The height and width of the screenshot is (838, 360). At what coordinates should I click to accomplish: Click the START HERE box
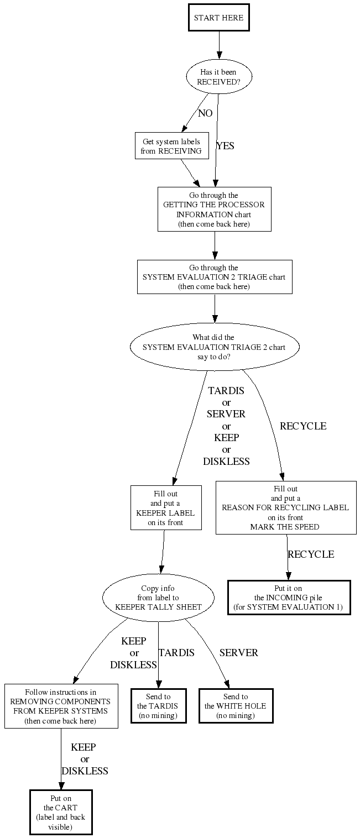218,18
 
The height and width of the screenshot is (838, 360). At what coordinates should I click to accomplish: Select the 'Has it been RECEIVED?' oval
218,76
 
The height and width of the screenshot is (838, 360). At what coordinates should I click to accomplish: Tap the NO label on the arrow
205,113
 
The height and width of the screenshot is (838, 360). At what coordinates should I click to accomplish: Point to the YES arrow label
225,146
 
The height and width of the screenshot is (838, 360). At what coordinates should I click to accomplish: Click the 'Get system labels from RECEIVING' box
171,146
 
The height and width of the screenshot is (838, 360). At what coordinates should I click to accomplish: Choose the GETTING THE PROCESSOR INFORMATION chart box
214,209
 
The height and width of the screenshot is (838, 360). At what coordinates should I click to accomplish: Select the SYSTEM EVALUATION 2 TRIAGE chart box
214,276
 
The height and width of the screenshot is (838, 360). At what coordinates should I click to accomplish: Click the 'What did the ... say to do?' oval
214,347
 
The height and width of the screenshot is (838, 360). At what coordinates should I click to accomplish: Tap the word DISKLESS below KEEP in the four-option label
226,461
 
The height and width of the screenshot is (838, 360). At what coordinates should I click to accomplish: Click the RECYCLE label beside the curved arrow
302,426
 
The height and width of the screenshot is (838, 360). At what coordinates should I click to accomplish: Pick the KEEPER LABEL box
165,507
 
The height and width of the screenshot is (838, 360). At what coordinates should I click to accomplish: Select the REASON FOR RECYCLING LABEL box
285,507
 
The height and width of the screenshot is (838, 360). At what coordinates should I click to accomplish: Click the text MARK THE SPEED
285,527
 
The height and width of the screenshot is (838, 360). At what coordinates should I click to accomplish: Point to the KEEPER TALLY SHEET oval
158,597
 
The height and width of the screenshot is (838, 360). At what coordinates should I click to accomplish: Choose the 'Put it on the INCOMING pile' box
289,597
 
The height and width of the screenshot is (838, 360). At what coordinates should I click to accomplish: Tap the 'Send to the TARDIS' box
158,706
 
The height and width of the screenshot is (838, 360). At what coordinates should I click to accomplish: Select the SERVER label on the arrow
238,653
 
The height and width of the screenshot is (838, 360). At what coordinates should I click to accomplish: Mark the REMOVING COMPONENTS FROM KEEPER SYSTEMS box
61,706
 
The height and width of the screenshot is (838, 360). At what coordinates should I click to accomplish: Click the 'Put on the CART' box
61,812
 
